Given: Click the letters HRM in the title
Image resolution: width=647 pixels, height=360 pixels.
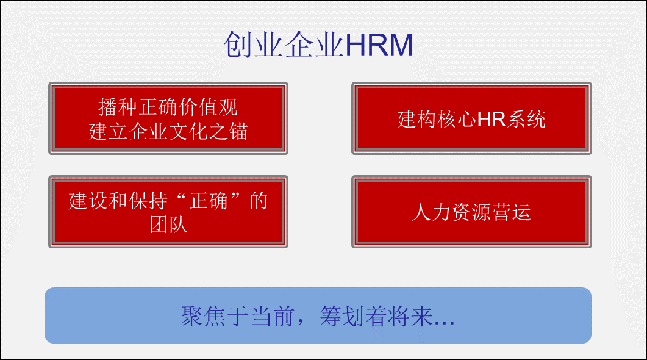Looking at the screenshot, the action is (379, 45).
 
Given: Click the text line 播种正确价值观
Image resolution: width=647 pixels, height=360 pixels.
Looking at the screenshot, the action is (168, 107).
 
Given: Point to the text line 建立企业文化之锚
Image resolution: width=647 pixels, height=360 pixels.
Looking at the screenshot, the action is (168, 132).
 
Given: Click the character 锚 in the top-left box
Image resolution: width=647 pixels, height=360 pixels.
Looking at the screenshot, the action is (238, 132).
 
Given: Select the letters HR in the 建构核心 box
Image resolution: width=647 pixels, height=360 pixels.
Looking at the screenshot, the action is (492, 120).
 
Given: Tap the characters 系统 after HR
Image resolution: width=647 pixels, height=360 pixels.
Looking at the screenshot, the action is (526, 120).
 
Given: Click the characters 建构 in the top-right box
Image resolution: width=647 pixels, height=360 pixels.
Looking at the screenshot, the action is (416, 120).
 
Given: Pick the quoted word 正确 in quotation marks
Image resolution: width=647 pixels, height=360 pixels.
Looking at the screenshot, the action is (209, 201).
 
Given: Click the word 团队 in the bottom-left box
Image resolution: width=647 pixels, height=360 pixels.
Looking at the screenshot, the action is (168, 225).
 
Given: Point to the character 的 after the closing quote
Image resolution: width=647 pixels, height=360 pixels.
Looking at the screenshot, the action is (259, 201).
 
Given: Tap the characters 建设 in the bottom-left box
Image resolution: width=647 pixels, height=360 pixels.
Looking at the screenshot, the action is (88, 201).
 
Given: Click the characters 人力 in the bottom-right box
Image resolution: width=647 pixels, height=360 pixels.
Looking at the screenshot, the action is (431, 212).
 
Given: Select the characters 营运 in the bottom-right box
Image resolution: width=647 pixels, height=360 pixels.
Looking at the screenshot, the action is (511, 212).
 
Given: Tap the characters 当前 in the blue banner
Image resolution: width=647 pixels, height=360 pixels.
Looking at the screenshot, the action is (273, 316).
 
